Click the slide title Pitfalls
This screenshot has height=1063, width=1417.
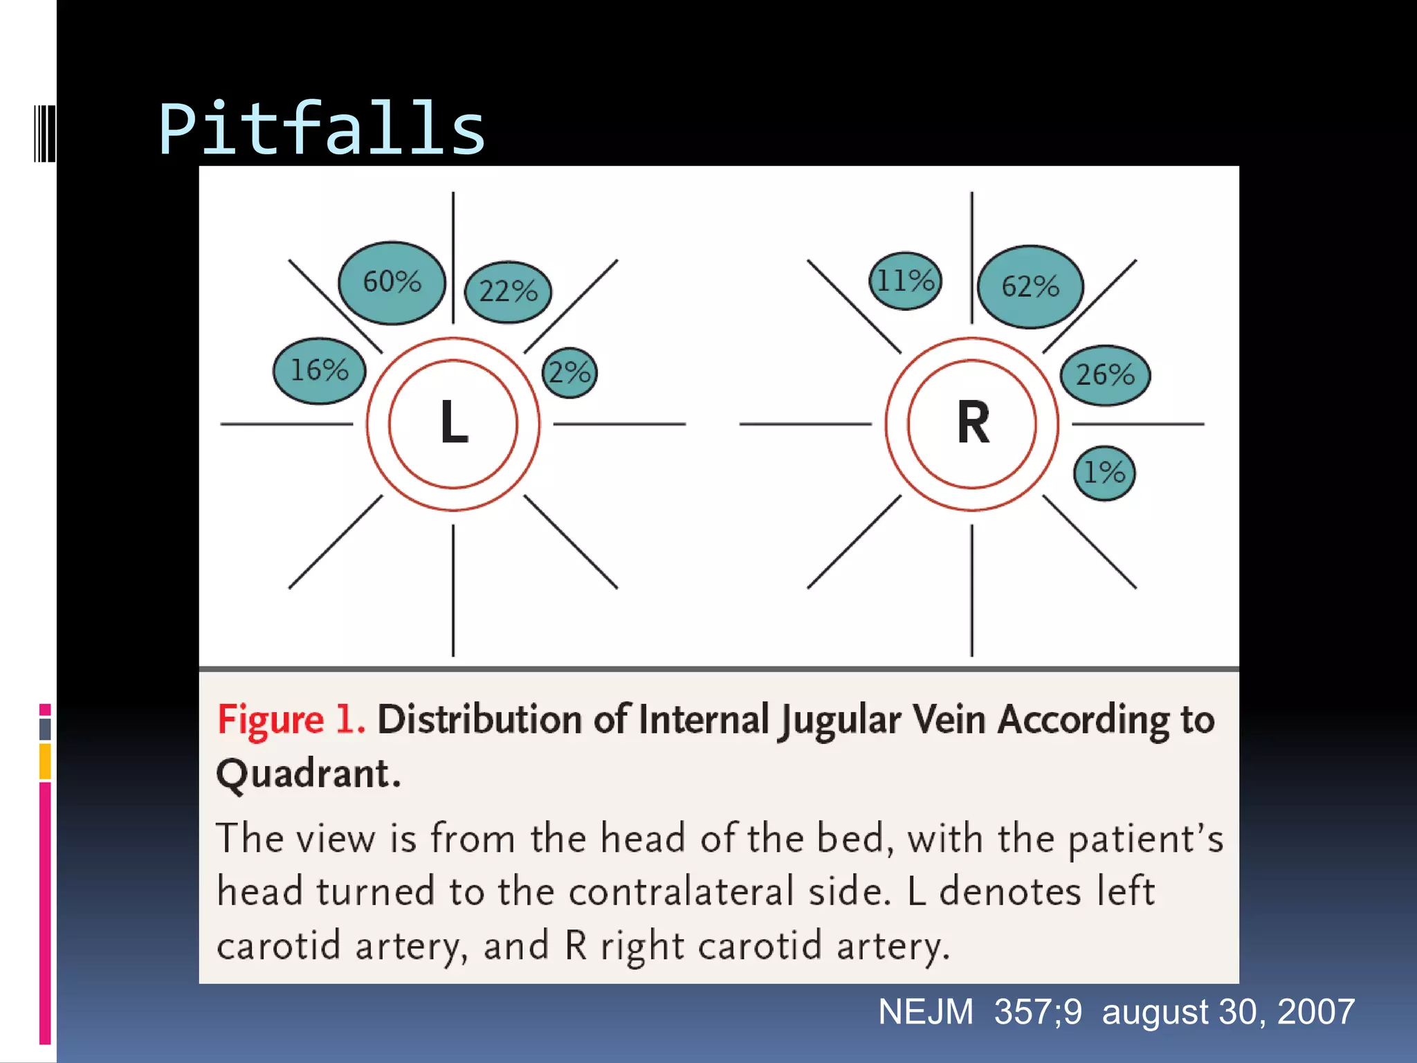coord(322,129)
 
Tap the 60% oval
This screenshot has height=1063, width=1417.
coord(392,282)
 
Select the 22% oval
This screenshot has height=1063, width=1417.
coord(508,291)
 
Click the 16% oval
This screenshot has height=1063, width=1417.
coord(319,371)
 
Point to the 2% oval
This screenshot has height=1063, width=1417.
coord(569,373)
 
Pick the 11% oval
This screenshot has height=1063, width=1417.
coord(905,281)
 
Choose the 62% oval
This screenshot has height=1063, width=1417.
coord(1030,287)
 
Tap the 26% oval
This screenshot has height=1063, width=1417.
coord(1105,375)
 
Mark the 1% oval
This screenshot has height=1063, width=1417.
coord(1104,473)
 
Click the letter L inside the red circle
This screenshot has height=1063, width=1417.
coord(454,422)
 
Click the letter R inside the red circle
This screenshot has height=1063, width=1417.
coord(973,422)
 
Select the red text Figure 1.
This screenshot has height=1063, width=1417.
coord(291,720)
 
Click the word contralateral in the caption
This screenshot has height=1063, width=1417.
coord(681,891)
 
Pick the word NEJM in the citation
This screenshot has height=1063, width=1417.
coord(926,1012)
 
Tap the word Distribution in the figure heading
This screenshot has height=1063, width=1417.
coord(480,720)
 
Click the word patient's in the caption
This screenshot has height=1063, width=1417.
coord(1145,839)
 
